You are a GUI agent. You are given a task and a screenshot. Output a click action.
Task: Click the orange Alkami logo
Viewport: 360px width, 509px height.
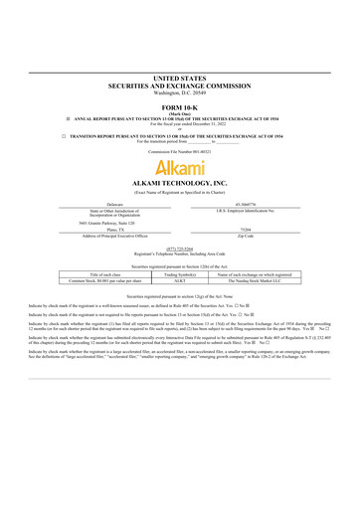click(179, 166)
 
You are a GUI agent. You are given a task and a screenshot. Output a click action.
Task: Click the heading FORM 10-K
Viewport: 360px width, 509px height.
click(179, 106)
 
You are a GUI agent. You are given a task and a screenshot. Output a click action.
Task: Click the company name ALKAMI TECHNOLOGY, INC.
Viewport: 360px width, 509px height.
click(179, 184)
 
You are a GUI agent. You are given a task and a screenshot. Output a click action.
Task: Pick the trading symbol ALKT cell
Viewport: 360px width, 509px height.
click(179, 281)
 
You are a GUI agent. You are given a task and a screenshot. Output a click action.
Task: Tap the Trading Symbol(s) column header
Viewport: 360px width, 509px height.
click(179, 274)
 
